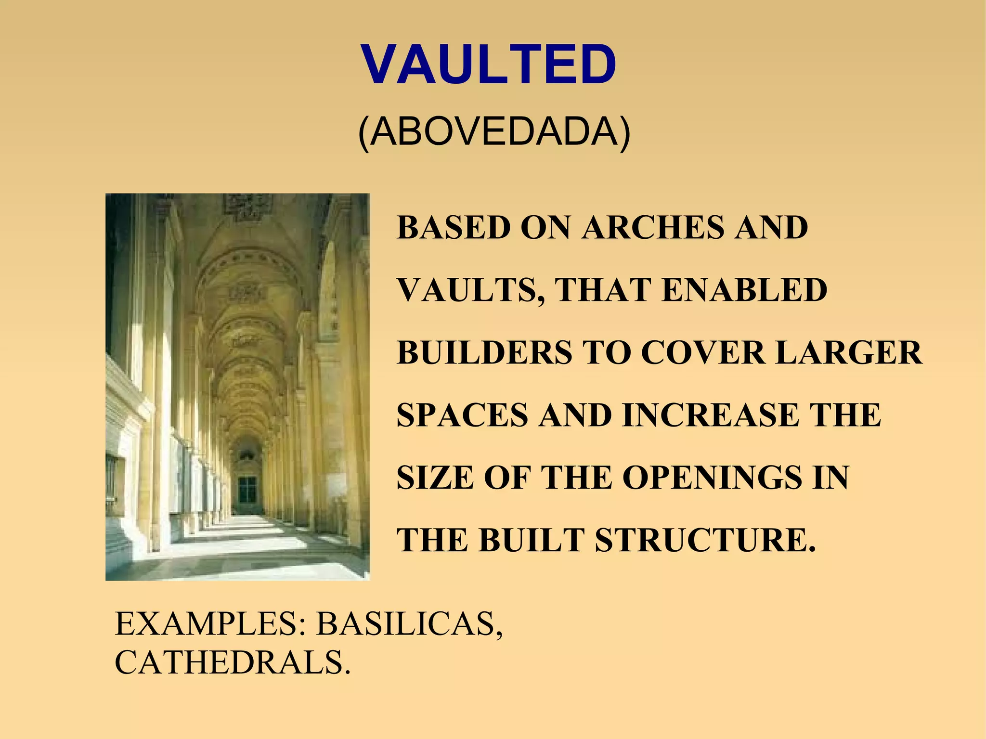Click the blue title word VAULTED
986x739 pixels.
coord(489,65)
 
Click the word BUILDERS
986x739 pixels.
coord(484,352)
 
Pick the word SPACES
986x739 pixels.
coord(462,415)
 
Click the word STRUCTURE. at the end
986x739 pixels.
coord(706,540)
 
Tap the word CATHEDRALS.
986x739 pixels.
coord(232,662)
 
